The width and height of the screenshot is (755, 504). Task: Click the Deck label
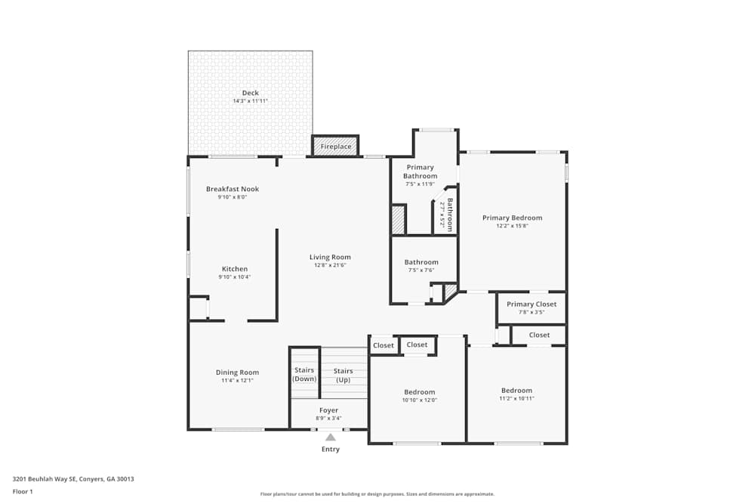[x=250, y=93]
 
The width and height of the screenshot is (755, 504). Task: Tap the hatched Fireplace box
[x=335, y=146]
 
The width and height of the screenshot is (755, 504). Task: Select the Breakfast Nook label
[x=233, y=189]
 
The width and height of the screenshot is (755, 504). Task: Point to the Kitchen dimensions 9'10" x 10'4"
[x=234, y=277]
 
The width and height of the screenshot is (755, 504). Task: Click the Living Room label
[x=331, y=257]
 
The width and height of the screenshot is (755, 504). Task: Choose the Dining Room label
[x=237, y=373]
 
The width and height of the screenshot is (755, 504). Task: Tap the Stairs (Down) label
[x=304, y=374]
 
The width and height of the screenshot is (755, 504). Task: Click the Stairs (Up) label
[x=344, y=375]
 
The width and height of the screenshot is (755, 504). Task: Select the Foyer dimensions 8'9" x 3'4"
[x=329, y=418]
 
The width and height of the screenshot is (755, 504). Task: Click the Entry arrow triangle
[x=330, y=437]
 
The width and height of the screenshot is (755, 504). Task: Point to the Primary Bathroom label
[x=420, y=172]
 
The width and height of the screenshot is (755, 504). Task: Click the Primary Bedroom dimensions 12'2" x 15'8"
[x=512, y=226]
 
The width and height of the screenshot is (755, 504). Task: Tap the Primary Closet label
[x=532, y=304]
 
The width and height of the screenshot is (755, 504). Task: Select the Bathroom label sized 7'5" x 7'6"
[x=421, y=262]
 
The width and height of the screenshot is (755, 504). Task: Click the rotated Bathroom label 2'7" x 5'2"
[x=449, y=215]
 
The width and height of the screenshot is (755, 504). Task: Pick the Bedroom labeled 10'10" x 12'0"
[x=419, y=392]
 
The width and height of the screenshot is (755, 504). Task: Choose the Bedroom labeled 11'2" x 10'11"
[x=516, y=391]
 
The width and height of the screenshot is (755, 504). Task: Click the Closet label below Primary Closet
[x=539, y=335]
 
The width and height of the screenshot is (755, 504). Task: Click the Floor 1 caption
[x=23, y=491]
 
